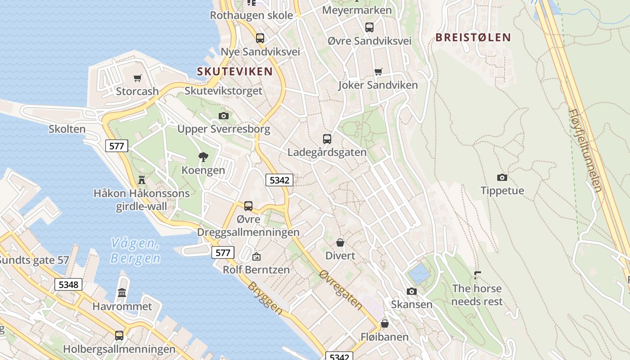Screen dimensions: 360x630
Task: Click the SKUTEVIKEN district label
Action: pyautogui.click(x=234, y=71)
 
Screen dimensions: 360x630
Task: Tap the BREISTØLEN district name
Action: pyautogui.click(x=473, y=37)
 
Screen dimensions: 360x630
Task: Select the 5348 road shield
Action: pyautogui.click(x=68, y=284)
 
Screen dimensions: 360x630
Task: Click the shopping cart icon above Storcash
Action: pyautogui.click(x=138, y=78)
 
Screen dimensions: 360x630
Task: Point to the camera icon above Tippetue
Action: pyautogui.click(x=502, y=177)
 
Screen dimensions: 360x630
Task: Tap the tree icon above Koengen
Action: pyautogui.click(x=203, y=157)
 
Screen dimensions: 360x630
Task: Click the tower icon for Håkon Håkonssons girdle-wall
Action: pyautogui.click(x=142, y=180)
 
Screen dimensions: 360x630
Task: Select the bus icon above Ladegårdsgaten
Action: pyautogui.click(x=327, y=139)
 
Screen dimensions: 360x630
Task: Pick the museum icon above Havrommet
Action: pyautogui.click(x=122, y=293)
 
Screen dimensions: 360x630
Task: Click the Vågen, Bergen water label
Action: pyautogui.click(x=135, y=251)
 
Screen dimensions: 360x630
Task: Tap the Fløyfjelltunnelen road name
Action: pyautogui.click(x=585, y=150)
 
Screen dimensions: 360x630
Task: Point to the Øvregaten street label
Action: pyautogui.click(x=341, y=289)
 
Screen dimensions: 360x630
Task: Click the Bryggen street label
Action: pyautogui.click(x=265, y=298)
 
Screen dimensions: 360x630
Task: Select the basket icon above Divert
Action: pyautogui.click(x=340, y=243)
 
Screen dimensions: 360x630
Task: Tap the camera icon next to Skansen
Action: pyautogui.click(x=411, y=291)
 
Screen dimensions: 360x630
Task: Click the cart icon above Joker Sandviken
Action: pyautogui.click(x=378, y=72)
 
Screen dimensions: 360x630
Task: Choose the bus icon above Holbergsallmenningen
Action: pyautogui.click(x=119, y=335)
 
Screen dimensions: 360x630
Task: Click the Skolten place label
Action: pyautogui.click(x=67, y=129)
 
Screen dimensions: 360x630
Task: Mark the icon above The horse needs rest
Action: pyautogui.click(x=477, y=274)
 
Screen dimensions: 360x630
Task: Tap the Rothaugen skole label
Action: pyautogui.click(x=251, y=15)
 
